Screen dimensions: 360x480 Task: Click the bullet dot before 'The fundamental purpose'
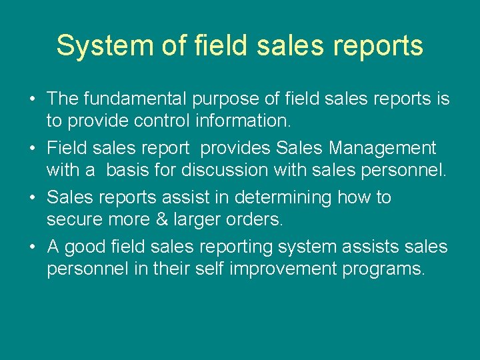click(33, 100)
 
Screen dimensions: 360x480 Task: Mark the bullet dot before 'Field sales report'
click(33, 149)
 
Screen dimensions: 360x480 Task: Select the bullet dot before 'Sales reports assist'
click(33, 199)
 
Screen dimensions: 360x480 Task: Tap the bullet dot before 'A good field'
click(33, 248)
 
